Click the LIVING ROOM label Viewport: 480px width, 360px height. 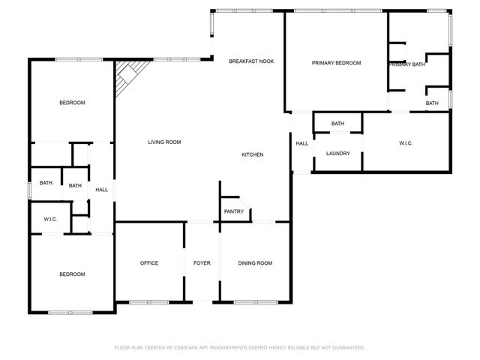164,142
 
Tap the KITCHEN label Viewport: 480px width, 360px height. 252,154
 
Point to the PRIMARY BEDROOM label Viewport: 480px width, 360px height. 336,63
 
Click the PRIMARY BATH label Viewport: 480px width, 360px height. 406,64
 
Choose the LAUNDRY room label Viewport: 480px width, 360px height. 337,153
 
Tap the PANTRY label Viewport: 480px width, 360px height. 234,211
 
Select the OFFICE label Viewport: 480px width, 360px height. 149,263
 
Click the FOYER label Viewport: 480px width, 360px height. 202,263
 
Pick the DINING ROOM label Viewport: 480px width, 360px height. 255,263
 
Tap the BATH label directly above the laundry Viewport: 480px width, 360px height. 337,124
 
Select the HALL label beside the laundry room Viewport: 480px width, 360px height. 301,143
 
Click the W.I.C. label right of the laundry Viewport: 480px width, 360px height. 406,143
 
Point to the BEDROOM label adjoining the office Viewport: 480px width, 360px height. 72,274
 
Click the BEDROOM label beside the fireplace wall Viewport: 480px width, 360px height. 72,103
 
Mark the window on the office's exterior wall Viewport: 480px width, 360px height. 148,302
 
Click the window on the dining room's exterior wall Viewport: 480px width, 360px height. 254,302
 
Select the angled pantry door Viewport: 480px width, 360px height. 244,196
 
